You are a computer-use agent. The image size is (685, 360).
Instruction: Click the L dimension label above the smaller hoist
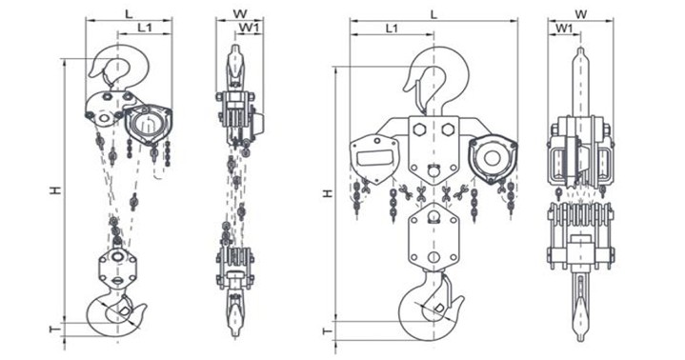click(x=129, y=14)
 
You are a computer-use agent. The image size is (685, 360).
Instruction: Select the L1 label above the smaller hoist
click(x=145, y=28)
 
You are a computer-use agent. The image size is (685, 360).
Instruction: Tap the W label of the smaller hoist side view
click(x=239, y=13)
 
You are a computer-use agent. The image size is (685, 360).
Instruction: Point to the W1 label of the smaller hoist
click(x=251, y=28)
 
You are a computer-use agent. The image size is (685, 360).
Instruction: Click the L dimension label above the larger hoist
click(x=433, y=14)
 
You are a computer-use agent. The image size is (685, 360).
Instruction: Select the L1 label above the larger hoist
click(x=392, y=29)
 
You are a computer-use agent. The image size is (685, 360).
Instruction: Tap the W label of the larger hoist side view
click(x=580, y=14)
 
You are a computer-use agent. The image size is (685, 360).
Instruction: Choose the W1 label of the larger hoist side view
click(x=564, y=29)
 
